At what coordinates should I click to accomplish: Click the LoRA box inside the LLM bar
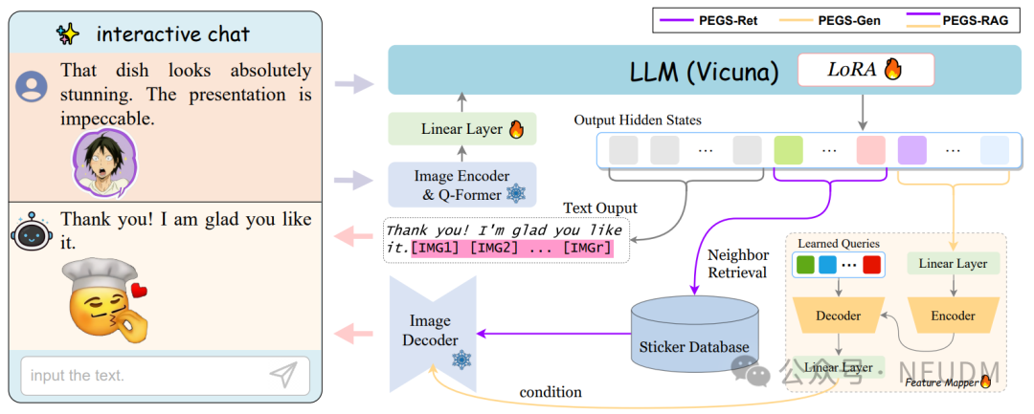tap(851, 70)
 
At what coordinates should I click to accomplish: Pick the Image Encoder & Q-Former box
tap(461, 185)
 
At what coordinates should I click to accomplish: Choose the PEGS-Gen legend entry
tap(839, 17)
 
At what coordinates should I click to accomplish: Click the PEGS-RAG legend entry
tap(967, 17)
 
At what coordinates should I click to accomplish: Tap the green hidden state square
tap(788, 150)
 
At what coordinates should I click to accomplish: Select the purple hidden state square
tap(911, 150)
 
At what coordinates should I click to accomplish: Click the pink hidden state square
tap(870, 150)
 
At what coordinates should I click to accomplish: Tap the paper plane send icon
tap(282, 376)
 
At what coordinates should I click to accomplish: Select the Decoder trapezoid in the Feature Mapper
tap(838, 316)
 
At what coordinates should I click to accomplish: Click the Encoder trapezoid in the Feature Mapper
tap(954, 316)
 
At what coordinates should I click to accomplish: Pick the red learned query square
tap(872, 263)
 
